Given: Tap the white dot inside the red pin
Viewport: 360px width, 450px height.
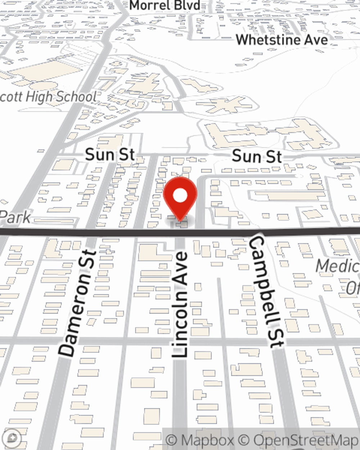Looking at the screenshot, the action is tap(180, 196).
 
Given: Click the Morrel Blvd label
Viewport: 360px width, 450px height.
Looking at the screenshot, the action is tap(165, 5).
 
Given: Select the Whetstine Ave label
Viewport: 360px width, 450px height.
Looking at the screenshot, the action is tap(282, 40).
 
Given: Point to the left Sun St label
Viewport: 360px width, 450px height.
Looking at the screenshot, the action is tap(110, 155).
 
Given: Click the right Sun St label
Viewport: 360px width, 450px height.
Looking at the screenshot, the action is tap(257, 157).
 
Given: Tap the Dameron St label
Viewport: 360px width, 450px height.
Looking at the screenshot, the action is tap(78, 302).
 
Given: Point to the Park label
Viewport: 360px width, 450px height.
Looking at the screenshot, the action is tap(15, 217).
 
